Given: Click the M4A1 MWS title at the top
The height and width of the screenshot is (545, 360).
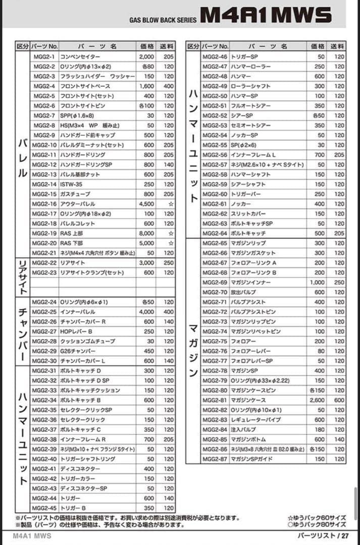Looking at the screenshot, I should pyautogui.click(x=266, y=15).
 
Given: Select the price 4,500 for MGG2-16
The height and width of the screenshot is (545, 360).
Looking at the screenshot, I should pyautogui.click(x=146, y=204).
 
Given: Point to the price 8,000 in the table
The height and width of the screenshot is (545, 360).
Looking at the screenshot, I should pyautogui.click(x=146, y=234).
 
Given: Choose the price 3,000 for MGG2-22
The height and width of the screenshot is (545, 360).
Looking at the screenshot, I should pyautogui.click(x=146, y=263).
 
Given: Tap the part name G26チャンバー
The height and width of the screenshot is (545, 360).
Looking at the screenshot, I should pyautogui.click(x=78, y=351).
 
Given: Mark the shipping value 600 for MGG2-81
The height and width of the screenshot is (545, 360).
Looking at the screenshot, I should pyautogui.click(x=339, y=400).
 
